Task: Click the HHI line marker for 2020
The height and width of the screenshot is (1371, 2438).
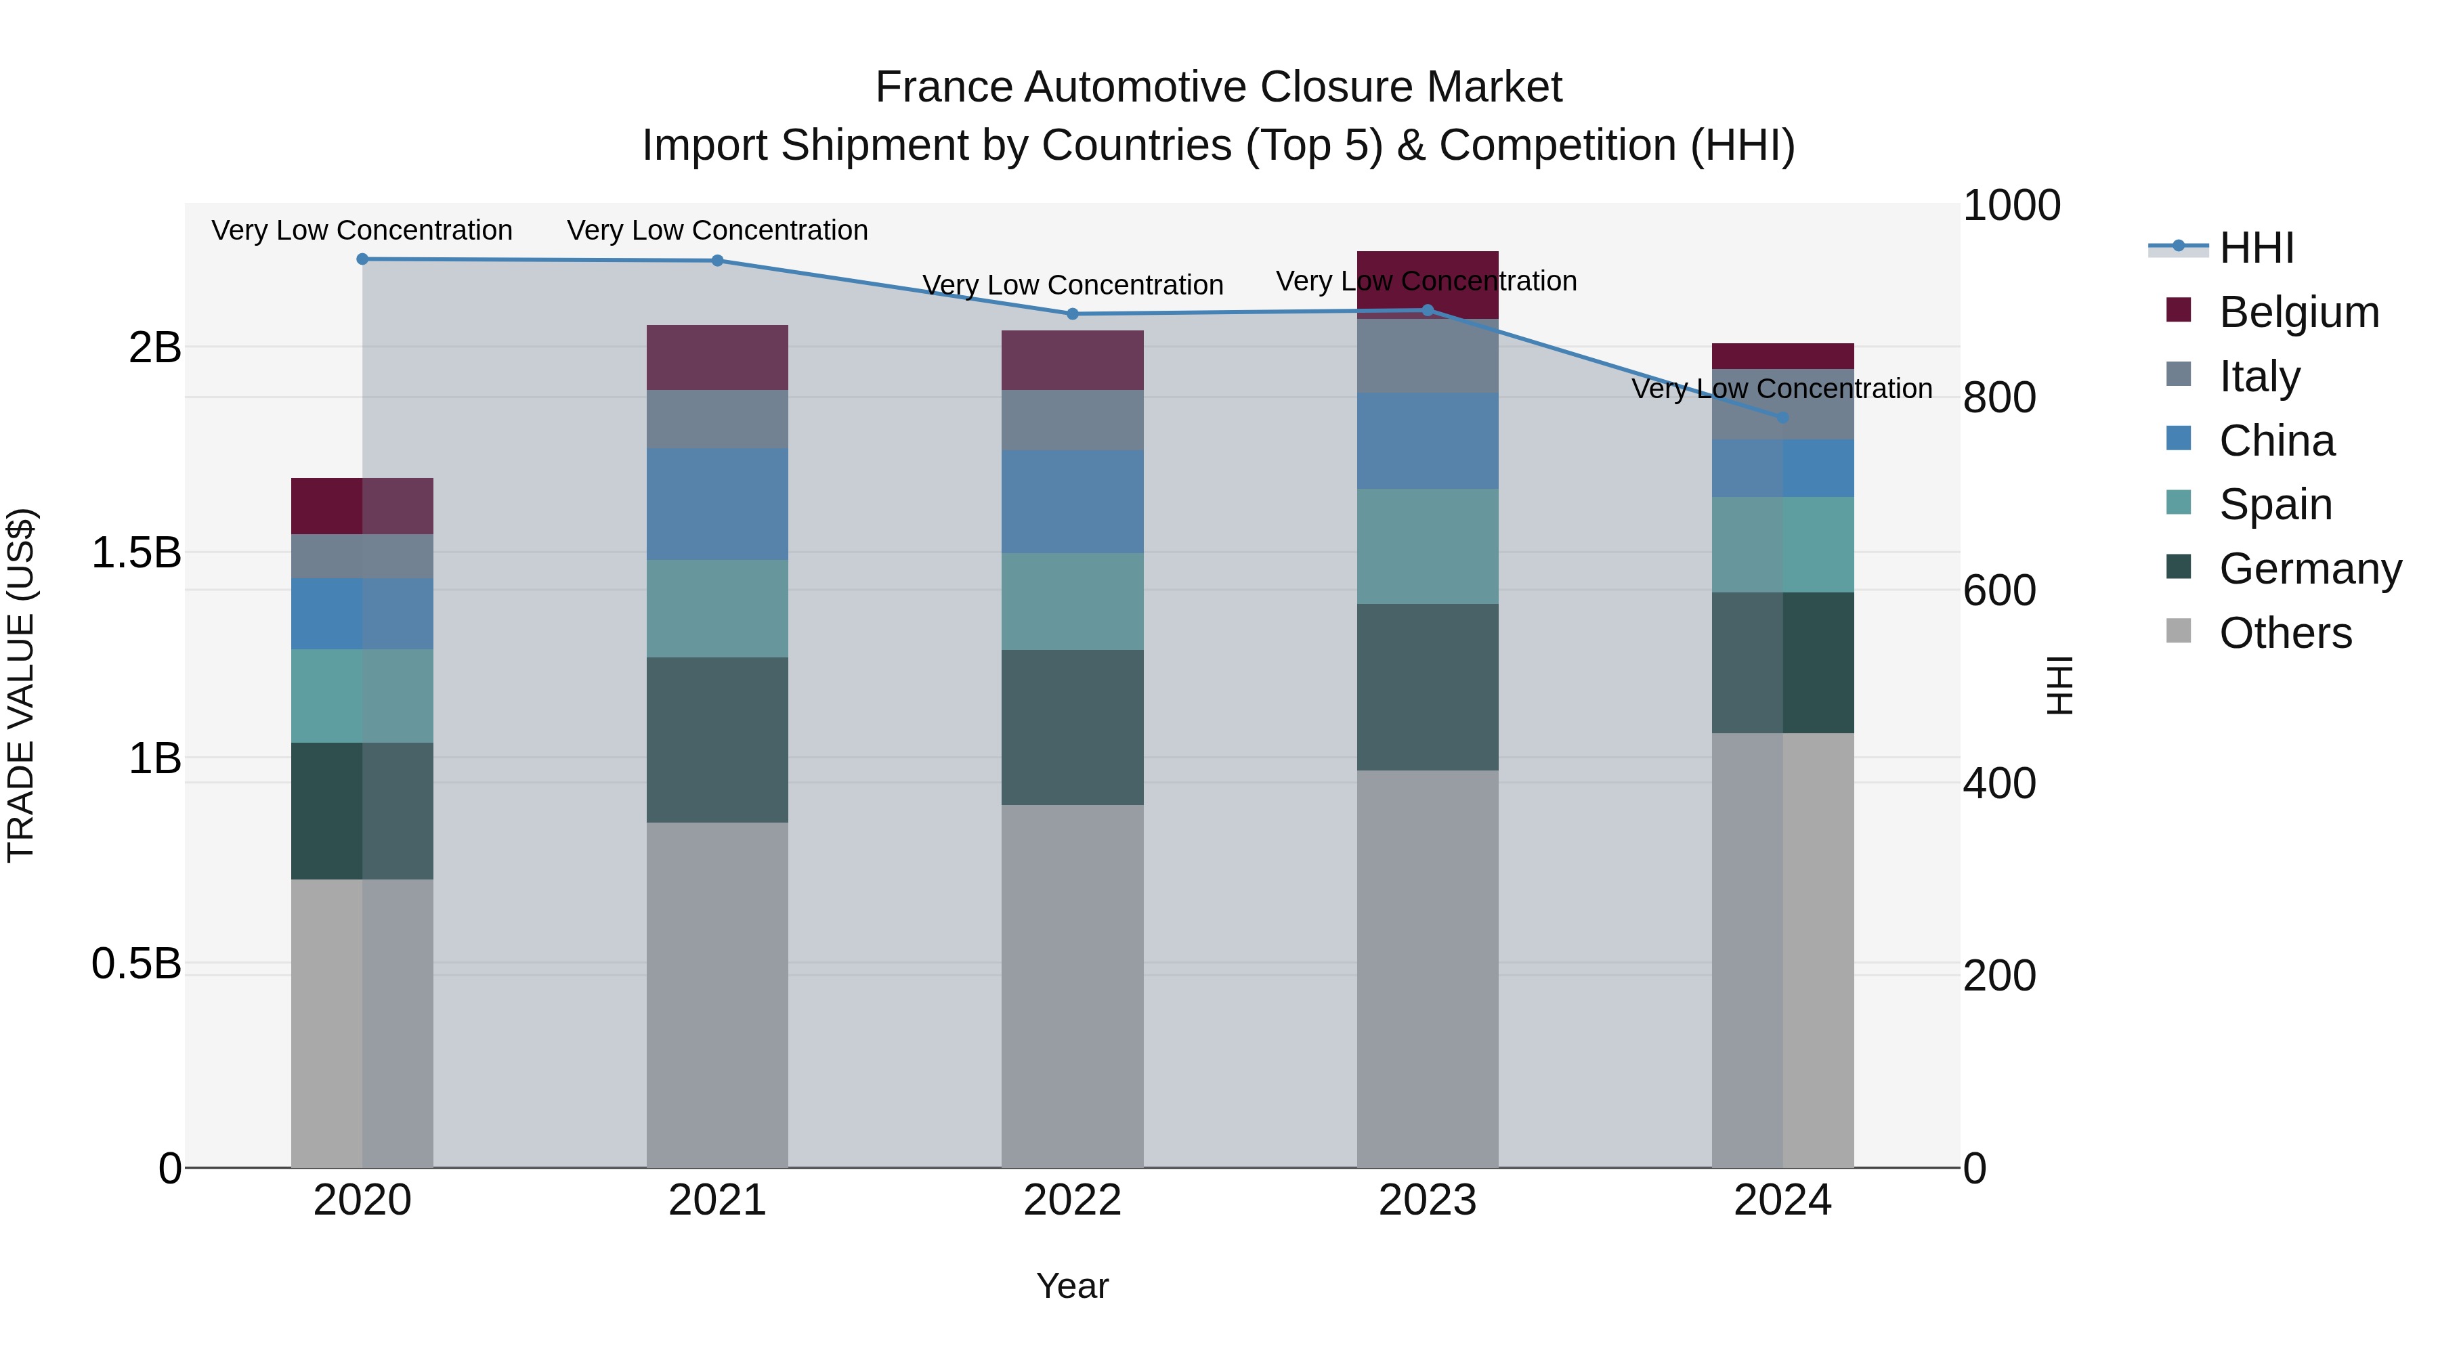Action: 362,259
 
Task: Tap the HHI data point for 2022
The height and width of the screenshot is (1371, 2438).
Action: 1072,314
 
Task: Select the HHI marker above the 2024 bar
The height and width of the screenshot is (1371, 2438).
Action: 1783,417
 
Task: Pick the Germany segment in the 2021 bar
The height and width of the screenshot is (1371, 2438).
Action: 717,740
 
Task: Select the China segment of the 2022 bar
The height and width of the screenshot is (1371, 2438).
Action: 1072,502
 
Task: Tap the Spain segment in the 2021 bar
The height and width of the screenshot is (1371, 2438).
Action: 717,609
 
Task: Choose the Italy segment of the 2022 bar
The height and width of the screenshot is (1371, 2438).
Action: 1072,420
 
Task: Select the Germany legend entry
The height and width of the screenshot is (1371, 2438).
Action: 2310,569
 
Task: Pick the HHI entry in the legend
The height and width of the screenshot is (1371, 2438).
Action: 2257,248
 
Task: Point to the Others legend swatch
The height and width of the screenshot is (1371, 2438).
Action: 2179,631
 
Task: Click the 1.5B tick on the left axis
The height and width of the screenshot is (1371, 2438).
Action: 136,552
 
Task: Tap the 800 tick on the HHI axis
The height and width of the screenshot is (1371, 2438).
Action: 1999,398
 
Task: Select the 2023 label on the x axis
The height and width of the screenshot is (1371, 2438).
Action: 1427,1200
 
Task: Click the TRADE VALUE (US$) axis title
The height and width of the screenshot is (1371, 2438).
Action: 21,685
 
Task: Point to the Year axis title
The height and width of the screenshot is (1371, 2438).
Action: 1072,1286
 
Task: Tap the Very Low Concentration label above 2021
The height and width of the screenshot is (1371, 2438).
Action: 717,230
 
